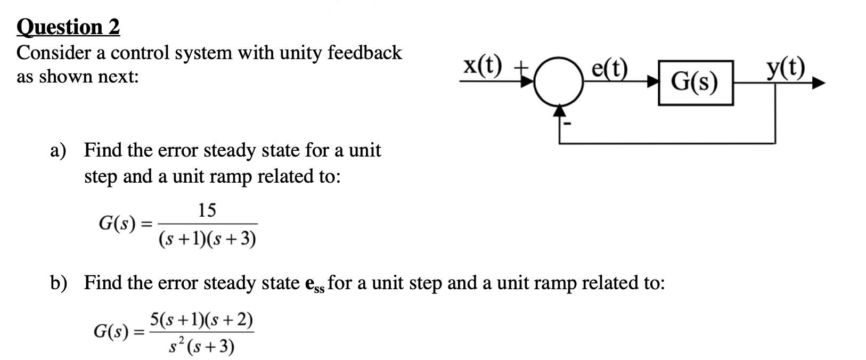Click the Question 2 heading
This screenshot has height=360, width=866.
[68, 27]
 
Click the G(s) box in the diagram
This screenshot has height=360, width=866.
[695, 83]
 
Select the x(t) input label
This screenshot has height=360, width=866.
[482, 67]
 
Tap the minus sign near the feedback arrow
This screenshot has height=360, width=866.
[568, 125]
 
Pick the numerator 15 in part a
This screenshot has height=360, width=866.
[207, 211]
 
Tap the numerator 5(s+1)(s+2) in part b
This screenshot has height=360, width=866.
[201, 320]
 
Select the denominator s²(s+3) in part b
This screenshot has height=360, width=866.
[201, 347]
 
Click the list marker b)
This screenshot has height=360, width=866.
[59, 283]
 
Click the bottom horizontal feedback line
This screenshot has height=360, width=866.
[666, 143]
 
